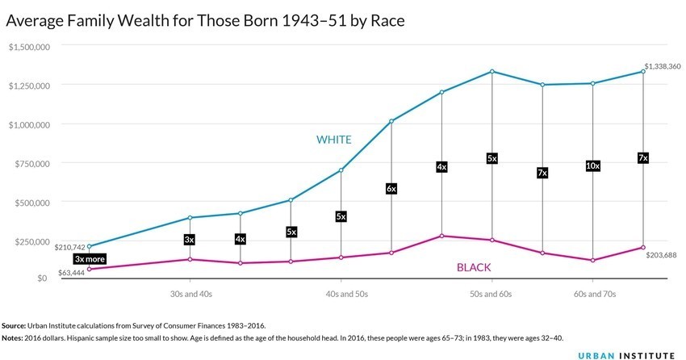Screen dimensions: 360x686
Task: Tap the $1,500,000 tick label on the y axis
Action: (x=30, y=47)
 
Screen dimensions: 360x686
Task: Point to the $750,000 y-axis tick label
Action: (x=33, y=164)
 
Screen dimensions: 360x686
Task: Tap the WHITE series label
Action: (x=333, y=140)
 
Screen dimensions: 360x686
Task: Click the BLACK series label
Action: (x=474, y=267)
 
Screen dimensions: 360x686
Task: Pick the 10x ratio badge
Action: (x=593, y=166)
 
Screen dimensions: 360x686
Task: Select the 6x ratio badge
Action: (x=391, y=189)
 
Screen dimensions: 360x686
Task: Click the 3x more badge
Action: (x=90, y=259)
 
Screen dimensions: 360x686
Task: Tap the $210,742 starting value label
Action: (x=69, y=247)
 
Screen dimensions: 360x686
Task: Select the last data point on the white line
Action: (x=643, y=72)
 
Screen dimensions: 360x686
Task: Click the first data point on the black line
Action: (x=89, y=269)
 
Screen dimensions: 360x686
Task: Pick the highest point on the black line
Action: (x=441, y=236)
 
